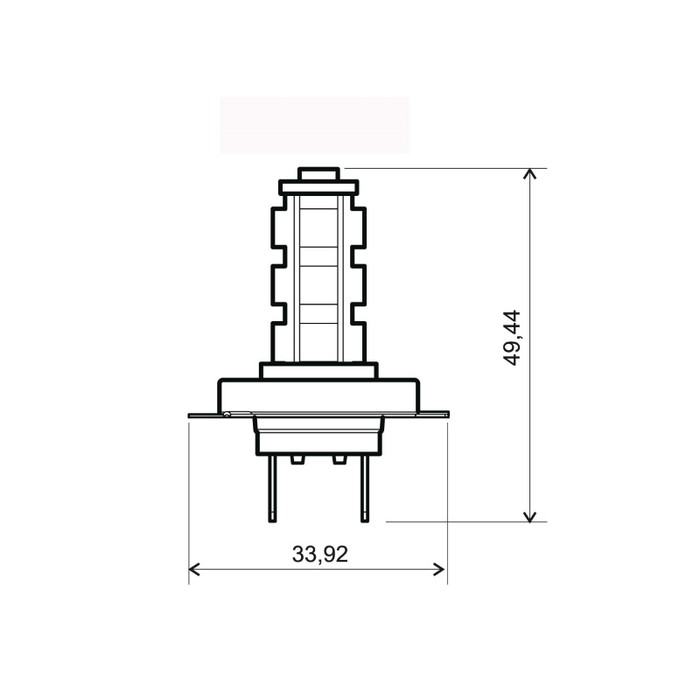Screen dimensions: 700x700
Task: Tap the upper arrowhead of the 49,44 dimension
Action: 529,175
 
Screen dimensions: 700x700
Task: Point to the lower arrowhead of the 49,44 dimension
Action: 529,515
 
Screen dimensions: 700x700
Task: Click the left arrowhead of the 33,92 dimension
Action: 195,570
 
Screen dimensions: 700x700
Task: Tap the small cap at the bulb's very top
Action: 318,174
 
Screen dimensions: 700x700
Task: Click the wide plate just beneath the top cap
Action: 318,187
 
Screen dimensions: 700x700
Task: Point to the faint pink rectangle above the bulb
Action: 314,125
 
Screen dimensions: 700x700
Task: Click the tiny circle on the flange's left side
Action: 227,414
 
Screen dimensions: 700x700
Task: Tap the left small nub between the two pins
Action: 297,458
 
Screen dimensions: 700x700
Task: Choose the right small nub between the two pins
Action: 339,458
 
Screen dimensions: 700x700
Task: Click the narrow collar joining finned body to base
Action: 318,370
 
